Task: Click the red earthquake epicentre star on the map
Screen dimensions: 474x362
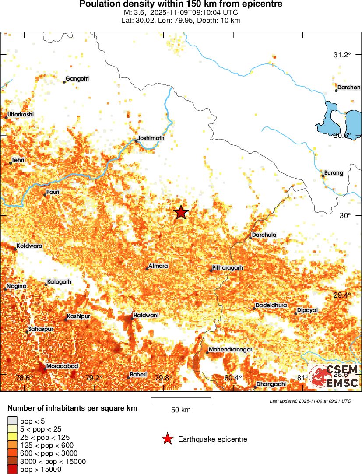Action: [x=181, y=212]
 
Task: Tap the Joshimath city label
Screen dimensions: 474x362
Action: [x=151, y=138]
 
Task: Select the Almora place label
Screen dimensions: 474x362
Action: [x=158, y=266]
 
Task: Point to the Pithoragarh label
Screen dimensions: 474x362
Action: [x=227, y=267]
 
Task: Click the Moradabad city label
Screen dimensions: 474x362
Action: [x=60, y=366]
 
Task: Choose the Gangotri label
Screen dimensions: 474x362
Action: [x=77, y=79]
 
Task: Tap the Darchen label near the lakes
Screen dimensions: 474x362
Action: [x=349, y=87]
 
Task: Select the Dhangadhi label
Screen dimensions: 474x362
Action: [x=271, y=384]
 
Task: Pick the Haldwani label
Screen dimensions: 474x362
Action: [x=146, y=315]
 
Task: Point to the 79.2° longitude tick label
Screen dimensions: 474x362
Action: [x=94, y=378]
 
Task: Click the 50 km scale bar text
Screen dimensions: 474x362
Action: [x=181, y=410]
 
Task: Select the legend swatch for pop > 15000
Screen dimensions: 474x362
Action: [x=12, y=470]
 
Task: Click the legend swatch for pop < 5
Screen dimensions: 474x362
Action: [x=12, y=421]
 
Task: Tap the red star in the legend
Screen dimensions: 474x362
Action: [x=167, y=439]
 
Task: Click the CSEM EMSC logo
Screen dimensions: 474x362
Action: [x=334, y=376]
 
